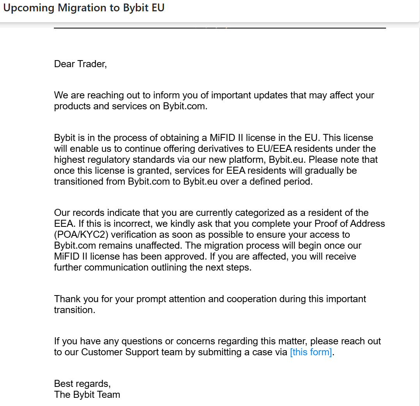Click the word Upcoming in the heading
[x=29, y=8]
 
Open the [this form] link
[x=311, y=352]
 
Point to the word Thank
[x=67, y=299]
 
